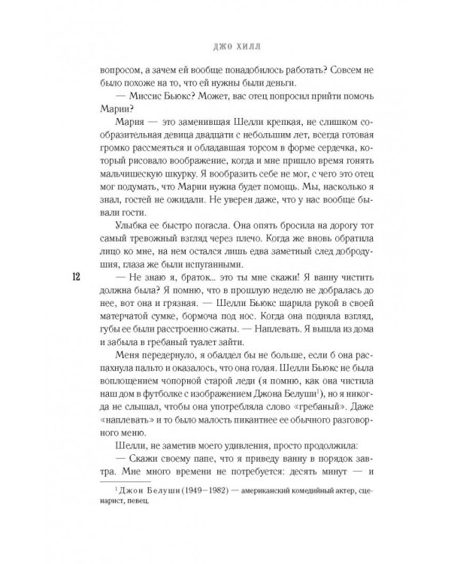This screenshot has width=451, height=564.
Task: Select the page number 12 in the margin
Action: pos(56,276)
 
